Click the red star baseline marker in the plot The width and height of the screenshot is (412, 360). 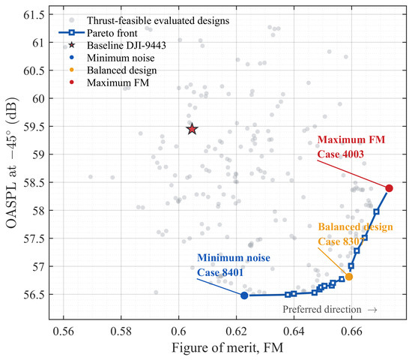pos(193,129)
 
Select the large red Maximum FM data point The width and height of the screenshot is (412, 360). pos(389,188)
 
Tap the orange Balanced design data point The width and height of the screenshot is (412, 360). pos(349,277)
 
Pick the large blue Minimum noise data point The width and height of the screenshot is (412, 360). pos(244,295)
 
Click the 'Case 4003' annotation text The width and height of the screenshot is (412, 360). pos(341,154)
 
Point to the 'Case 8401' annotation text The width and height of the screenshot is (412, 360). pos(220,273)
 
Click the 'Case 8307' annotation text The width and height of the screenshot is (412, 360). pos(341,241)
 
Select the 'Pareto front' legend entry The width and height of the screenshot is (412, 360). pos(97,33)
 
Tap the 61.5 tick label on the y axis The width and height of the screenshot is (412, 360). pos(34,14)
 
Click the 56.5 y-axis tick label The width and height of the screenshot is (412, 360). pos(34,295)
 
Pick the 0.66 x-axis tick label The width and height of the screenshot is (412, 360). pos(351,331)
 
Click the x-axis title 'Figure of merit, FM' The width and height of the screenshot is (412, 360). pos(228,348)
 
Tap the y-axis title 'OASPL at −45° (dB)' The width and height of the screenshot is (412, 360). pos(12,163)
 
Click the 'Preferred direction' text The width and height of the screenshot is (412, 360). pos(322,309)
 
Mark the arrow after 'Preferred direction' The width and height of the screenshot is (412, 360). pos(372,310)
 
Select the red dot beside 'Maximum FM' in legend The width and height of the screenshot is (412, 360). pos(71,82)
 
